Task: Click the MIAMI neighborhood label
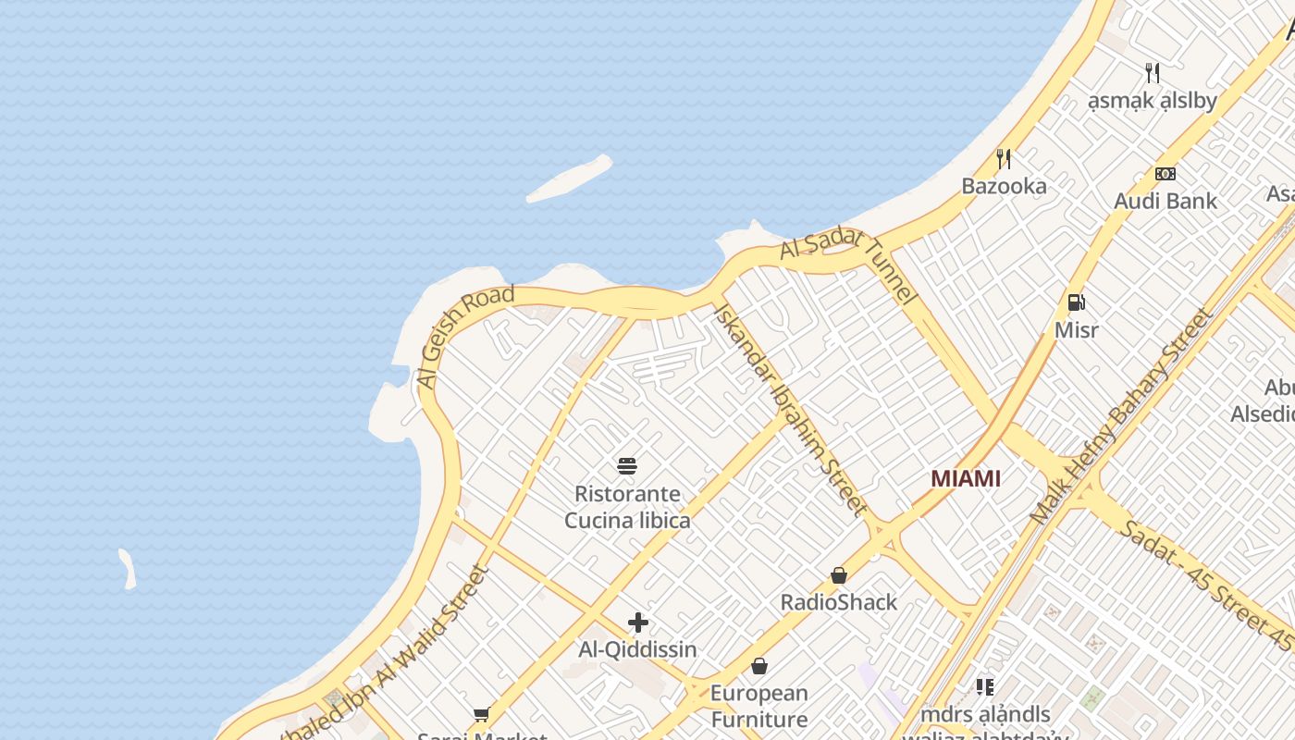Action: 966,478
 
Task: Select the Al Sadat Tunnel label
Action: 846,265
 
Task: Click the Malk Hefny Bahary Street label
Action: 1121,416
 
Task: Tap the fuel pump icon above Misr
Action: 1076,302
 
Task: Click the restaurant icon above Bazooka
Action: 1004,158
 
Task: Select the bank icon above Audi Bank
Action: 1165,173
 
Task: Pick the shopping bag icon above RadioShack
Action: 839,575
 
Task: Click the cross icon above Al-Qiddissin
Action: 637,623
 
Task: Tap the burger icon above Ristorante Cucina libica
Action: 627,465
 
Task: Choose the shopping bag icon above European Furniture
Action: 759,666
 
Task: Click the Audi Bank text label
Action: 1165,201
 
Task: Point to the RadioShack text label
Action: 839,602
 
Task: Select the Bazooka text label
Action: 1004,186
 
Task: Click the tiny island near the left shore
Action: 128,569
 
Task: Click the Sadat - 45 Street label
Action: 1202,583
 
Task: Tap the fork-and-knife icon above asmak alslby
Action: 1153,72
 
